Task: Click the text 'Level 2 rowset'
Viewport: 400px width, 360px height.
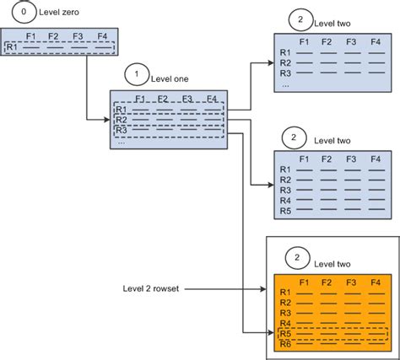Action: pyautogui.click(x=151, y=289)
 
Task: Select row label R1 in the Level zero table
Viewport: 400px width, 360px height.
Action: pyautogui.click(x=12, y=48)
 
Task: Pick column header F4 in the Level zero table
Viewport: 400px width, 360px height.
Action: pyautogui.click(x=102, y=36)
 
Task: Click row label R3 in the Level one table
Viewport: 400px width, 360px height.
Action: pyautogui.click(x=121, y=131)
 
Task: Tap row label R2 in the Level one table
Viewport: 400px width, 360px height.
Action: pyautogui.click(x=121, y=120)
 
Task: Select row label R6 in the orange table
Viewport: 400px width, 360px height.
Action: pyautogui.click(x=286, y=345)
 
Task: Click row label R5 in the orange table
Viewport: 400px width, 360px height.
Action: pyautogui.click(x=286, y=334)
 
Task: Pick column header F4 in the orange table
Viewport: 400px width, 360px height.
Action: pyautogui.click(x=376, y=280)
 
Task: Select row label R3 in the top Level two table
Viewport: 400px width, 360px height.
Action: pyautogui.click(x=285, y=73)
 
